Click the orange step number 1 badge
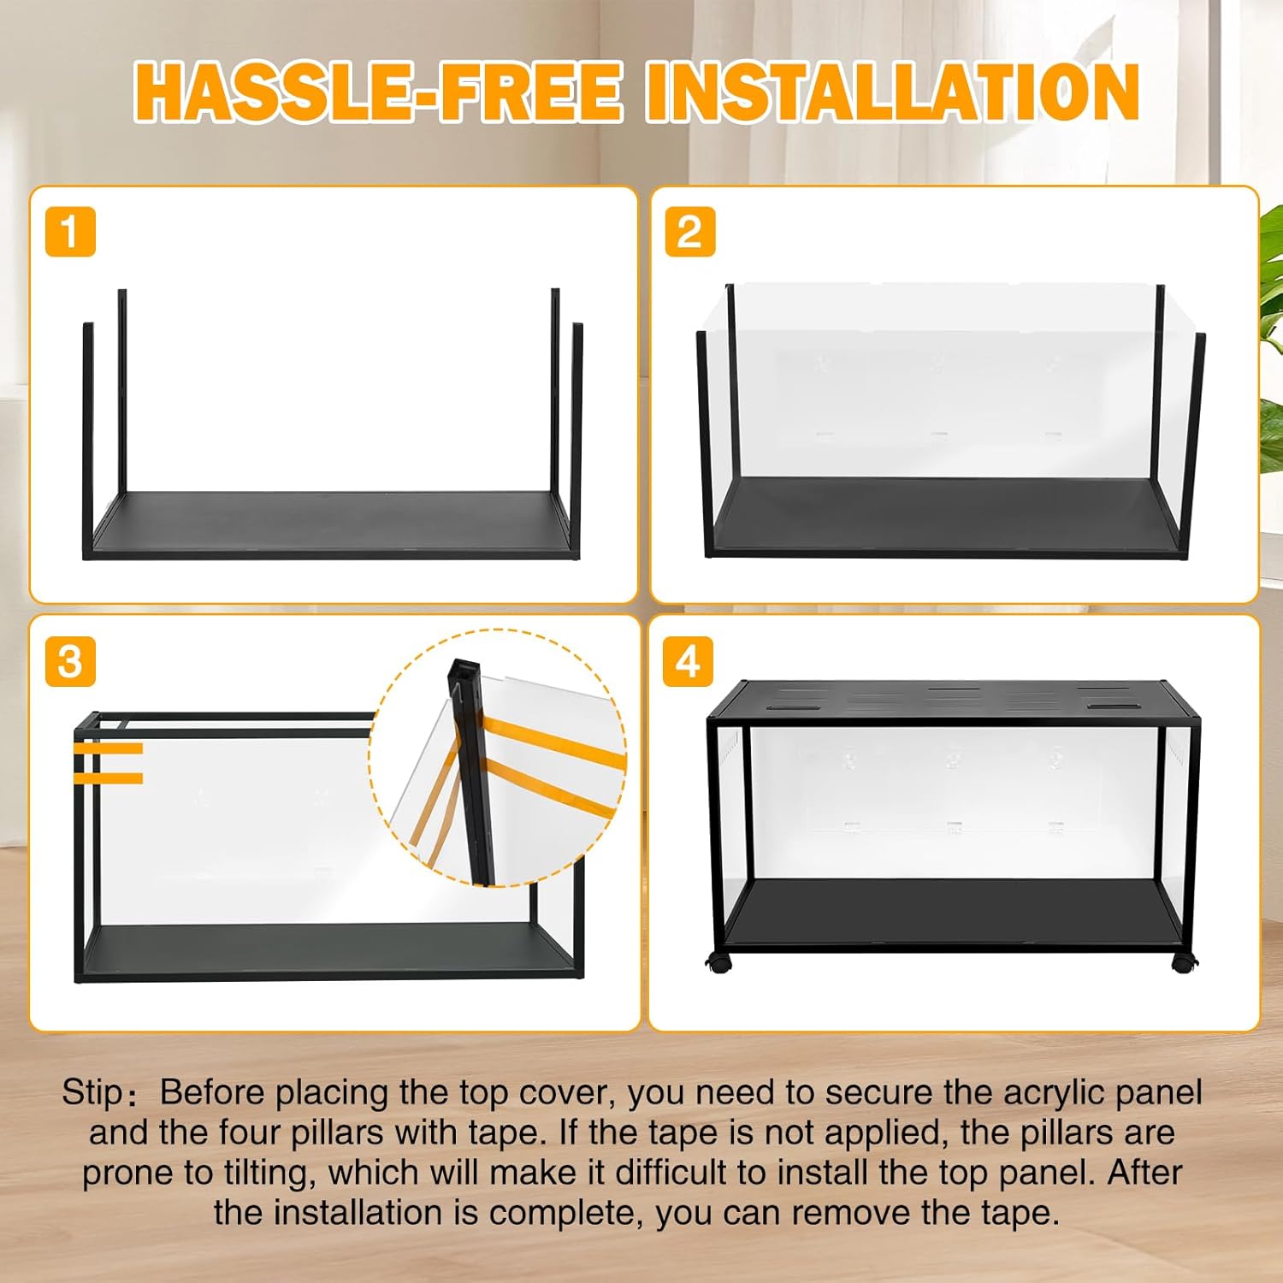point(70,232)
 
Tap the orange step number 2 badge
point(690,232)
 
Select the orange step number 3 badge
point(70,661)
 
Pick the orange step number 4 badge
point(689,661)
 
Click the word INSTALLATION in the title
point(892,92)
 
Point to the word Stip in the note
point(92,1093)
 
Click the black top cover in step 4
point(954,699)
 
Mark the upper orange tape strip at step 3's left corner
point(109,748)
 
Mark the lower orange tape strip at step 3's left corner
point(109,777)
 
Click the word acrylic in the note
point(1053,1093)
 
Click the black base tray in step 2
point(949,515)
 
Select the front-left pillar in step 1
point(88,440)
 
